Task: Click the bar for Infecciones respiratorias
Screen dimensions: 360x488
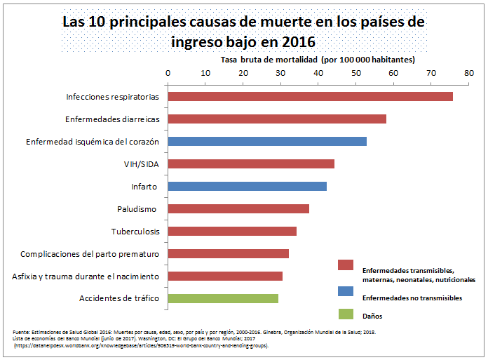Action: pyautogui.click(x=310, y=97)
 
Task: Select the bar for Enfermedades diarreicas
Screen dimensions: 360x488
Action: pyautogui.click(x=277, y=119)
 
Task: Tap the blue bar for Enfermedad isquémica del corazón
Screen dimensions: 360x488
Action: pyautogui.click(x=267, y=142)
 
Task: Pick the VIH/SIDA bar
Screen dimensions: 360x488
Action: pyautogui.click(x=251, y=164)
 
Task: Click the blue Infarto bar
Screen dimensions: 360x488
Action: pyautogui.click(x=247, y=187)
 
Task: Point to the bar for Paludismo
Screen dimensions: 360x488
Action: pyautogui.click(x=238, y=209)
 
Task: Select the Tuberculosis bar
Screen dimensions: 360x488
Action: pyautogui.click(x=232, y=232)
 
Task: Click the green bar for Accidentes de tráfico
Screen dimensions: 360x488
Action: pyautogui.click(x=223, y=299)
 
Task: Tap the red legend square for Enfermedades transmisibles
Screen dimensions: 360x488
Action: pyautogui.click(x=345, y=265)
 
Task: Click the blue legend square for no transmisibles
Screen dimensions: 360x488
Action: pyautogui.click(x=345, y=290)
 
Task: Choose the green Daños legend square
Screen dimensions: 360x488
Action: pyautogui.click(x=345, y=314)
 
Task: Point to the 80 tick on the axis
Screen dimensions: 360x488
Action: pyautogui.click(x=468, y=72)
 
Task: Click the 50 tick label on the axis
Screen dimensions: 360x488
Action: pyautogui.click(x=355, y=72)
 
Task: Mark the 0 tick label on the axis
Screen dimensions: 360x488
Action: pyautogui.click(x=168, y=72)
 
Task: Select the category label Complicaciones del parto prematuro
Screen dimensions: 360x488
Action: pyautogui.click(x=90, y=254)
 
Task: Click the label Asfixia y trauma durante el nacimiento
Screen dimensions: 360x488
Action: pyautogui.click(x=86, y=276)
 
